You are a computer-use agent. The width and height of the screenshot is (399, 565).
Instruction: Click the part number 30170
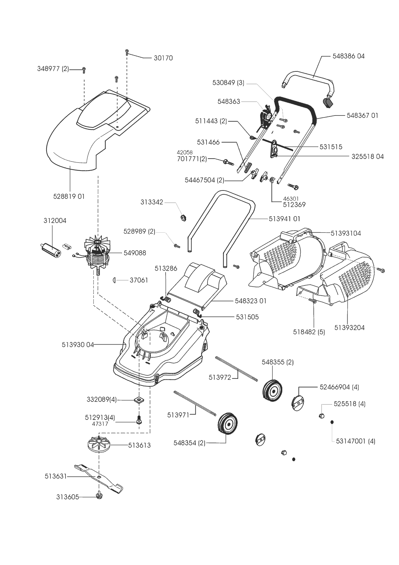[x=163, y=58]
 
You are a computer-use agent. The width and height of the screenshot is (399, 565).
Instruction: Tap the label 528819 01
[x=69, y=196]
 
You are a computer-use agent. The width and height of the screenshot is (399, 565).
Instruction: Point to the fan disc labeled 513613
[x=99, y=445]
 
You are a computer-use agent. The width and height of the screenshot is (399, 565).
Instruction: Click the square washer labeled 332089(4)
[x=139, y=400]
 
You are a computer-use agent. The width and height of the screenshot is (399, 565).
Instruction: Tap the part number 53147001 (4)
[x=356, y=441]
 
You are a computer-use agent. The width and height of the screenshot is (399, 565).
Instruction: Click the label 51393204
[x=350, y=328]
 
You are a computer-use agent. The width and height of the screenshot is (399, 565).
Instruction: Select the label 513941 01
[x=284, y=219]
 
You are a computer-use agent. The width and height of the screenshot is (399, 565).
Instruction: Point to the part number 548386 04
[x=349, y=56]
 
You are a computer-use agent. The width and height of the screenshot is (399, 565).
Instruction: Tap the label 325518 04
[x=368, y=157]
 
